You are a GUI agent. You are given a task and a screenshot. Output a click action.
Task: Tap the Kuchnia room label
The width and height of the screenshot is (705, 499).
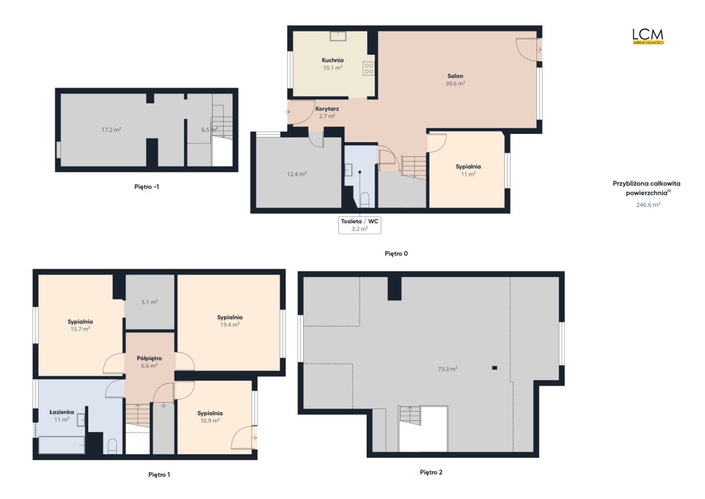tap(333, 60)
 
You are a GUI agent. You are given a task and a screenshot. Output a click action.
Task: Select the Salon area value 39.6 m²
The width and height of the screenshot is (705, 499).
tap(455, 83)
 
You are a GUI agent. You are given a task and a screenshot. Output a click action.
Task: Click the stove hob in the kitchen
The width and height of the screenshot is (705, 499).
tap(368, 68)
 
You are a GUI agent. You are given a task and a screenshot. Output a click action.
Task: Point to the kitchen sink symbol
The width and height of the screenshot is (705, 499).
tap(338, 36)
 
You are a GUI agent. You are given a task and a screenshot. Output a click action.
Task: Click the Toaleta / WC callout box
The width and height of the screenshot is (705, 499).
tap(360, 225)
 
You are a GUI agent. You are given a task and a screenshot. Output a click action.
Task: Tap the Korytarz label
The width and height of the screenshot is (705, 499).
tap(327, 109)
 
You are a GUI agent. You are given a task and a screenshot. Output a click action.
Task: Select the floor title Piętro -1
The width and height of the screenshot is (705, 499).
tap(147, 187)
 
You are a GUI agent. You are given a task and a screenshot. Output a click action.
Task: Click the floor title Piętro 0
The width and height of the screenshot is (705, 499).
tap(396, 253)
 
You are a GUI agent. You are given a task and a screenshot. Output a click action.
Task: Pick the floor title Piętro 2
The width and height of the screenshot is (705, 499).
tap(431, 472)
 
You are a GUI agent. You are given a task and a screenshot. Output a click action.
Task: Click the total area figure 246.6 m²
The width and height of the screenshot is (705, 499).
tap(648, 205)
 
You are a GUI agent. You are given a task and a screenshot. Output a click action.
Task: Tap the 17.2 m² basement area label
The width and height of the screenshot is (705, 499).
tap(111, 130)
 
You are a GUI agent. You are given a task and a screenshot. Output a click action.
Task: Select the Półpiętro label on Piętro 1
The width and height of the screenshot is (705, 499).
tap(149, 359)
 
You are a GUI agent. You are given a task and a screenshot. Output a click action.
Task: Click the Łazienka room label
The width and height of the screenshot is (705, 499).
tap(62, 412)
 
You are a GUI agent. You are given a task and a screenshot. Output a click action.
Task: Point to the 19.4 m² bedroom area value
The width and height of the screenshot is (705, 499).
tap(230, 324)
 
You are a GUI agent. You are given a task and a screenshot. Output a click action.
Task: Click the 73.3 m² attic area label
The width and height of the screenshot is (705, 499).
tap(448, 369)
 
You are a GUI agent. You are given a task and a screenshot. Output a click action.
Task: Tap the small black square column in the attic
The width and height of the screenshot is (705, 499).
tap(495, 368)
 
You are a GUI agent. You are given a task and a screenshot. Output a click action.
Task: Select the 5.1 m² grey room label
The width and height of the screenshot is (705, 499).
tap(149, 302)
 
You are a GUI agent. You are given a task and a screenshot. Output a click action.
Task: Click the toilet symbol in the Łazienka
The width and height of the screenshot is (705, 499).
tap(112, 446)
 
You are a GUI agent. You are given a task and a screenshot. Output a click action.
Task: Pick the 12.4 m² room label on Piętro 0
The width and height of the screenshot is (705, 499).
tap(297, 174)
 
